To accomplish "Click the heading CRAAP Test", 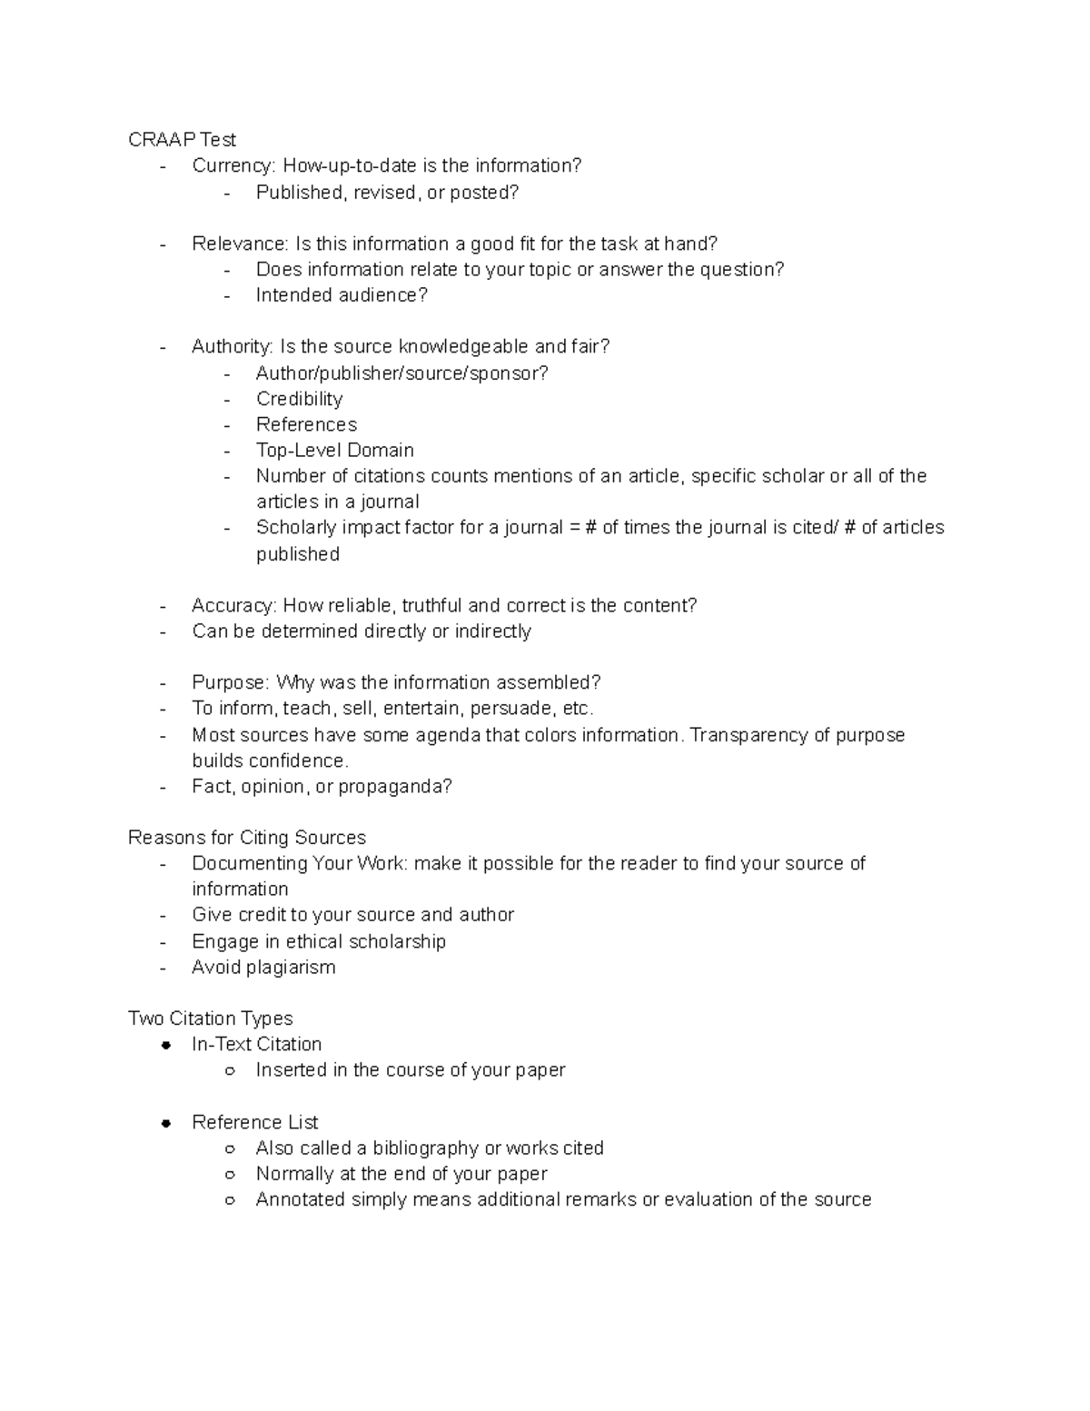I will coord(182,140).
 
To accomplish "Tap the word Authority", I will coord(232,346).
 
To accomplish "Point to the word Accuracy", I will coord(233,605).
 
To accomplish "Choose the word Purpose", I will coord(230,682).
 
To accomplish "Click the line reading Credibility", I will coord(299,399).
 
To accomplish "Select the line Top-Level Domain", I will coord(334,451).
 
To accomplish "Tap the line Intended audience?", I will coord(341,295).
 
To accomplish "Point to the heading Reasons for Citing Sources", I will coord(247,838).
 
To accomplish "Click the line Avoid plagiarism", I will coord(263,968).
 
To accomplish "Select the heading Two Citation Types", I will coord(210,1019).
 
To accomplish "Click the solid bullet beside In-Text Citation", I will coord(165,1046).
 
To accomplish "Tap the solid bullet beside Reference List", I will coord(165,1123).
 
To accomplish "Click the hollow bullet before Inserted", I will coord(230,1071).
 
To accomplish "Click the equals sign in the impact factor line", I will coord(574,528).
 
